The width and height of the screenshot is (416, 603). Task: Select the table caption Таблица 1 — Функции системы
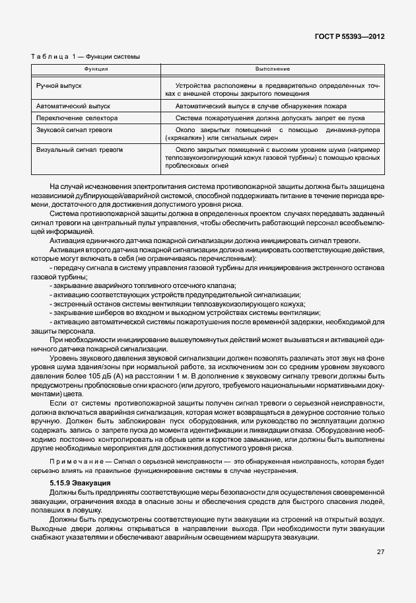click(x=85, y=57)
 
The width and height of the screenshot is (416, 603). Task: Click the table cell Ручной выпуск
click(x=59, y=86)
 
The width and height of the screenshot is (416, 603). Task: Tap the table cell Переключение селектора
click(x=76, y=118)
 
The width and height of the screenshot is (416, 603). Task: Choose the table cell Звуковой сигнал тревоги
click(x=75, y=131)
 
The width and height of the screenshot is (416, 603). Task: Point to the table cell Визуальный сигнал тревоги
click(x=79, y=150)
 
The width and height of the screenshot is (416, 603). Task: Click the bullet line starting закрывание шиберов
click(x=185, y=312)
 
